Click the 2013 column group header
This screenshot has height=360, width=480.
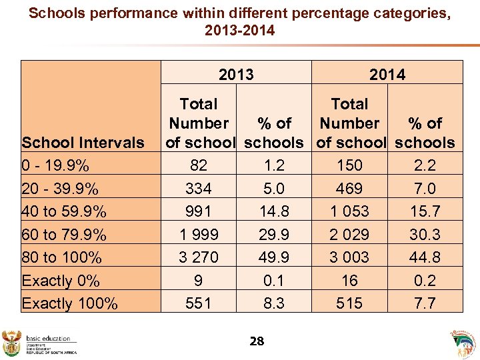(236, 74)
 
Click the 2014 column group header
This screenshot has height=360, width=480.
(387, 74)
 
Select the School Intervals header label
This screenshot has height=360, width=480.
(83, 143)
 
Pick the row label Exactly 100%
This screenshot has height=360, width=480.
(70, 303)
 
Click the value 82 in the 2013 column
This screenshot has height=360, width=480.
(199, 165)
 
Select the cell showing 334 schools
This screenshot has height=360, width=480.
(199, 189)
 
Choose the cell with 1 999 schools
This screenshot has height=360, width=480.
(199, 235)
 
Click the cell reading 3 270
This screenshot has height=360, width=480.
(199, 257)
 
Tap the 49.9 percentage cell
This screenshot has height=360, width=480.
(274, 257)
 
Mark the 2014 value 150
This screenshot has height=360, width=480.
(349, 165)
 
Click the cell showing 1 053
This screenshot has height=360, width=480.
(349, 211)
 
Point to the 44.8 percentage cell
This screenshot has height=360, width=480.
(425, 257)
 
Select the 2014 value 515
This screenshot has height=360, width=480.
(349, 303)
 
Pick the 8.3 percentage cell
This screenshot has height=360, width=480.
(274, 303)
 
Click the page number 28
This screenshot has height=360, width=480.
(256, 341)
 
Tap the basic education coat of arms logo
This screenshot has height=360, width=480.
(13, 341)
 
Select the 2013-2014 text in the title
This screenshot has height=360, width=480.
(240, 31)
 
